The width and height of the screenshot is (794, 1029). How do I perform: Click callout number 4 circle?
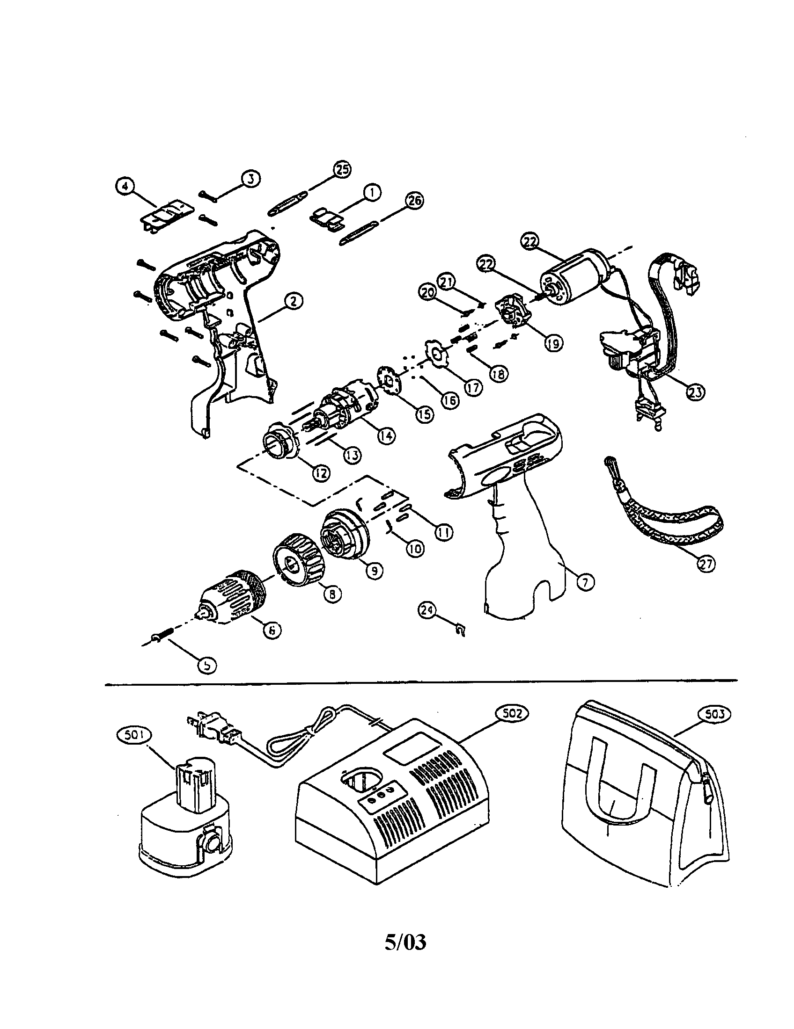point(124,186)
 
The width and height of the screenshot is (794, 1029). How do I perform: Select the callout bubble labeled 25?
point(342,170)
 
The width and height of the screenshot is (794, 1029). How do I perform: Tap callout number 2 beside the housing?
point(292,302)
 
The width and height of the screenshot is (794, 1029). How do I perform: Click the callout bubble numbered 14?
point(386,436)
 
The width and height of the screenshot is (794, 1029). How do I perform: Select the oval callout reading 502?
point(512,713)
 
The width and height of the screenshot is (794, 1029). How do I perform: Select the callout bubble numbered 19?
point(553,343)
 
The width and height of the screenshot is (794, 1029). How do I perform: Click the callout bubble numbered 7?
point(585,583)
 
